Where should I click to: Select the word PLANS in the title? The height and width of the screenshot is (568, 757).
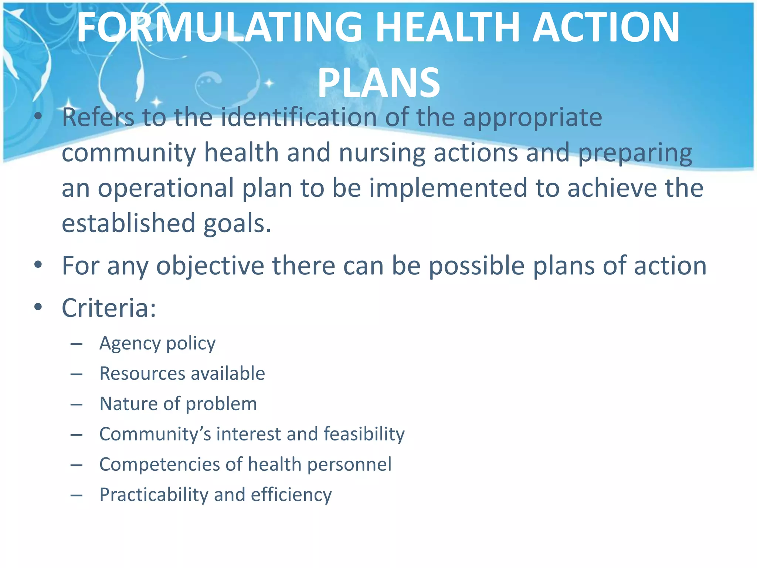(x=378, y=83)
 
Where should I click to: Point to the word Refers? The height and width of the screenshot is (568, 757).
(x=98, y=118)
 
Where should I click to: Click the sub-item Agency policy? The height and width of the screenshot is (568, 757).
(x=157, y=344)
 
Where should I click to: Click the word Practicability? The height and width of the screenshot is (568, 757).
(x=154, y=495)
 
